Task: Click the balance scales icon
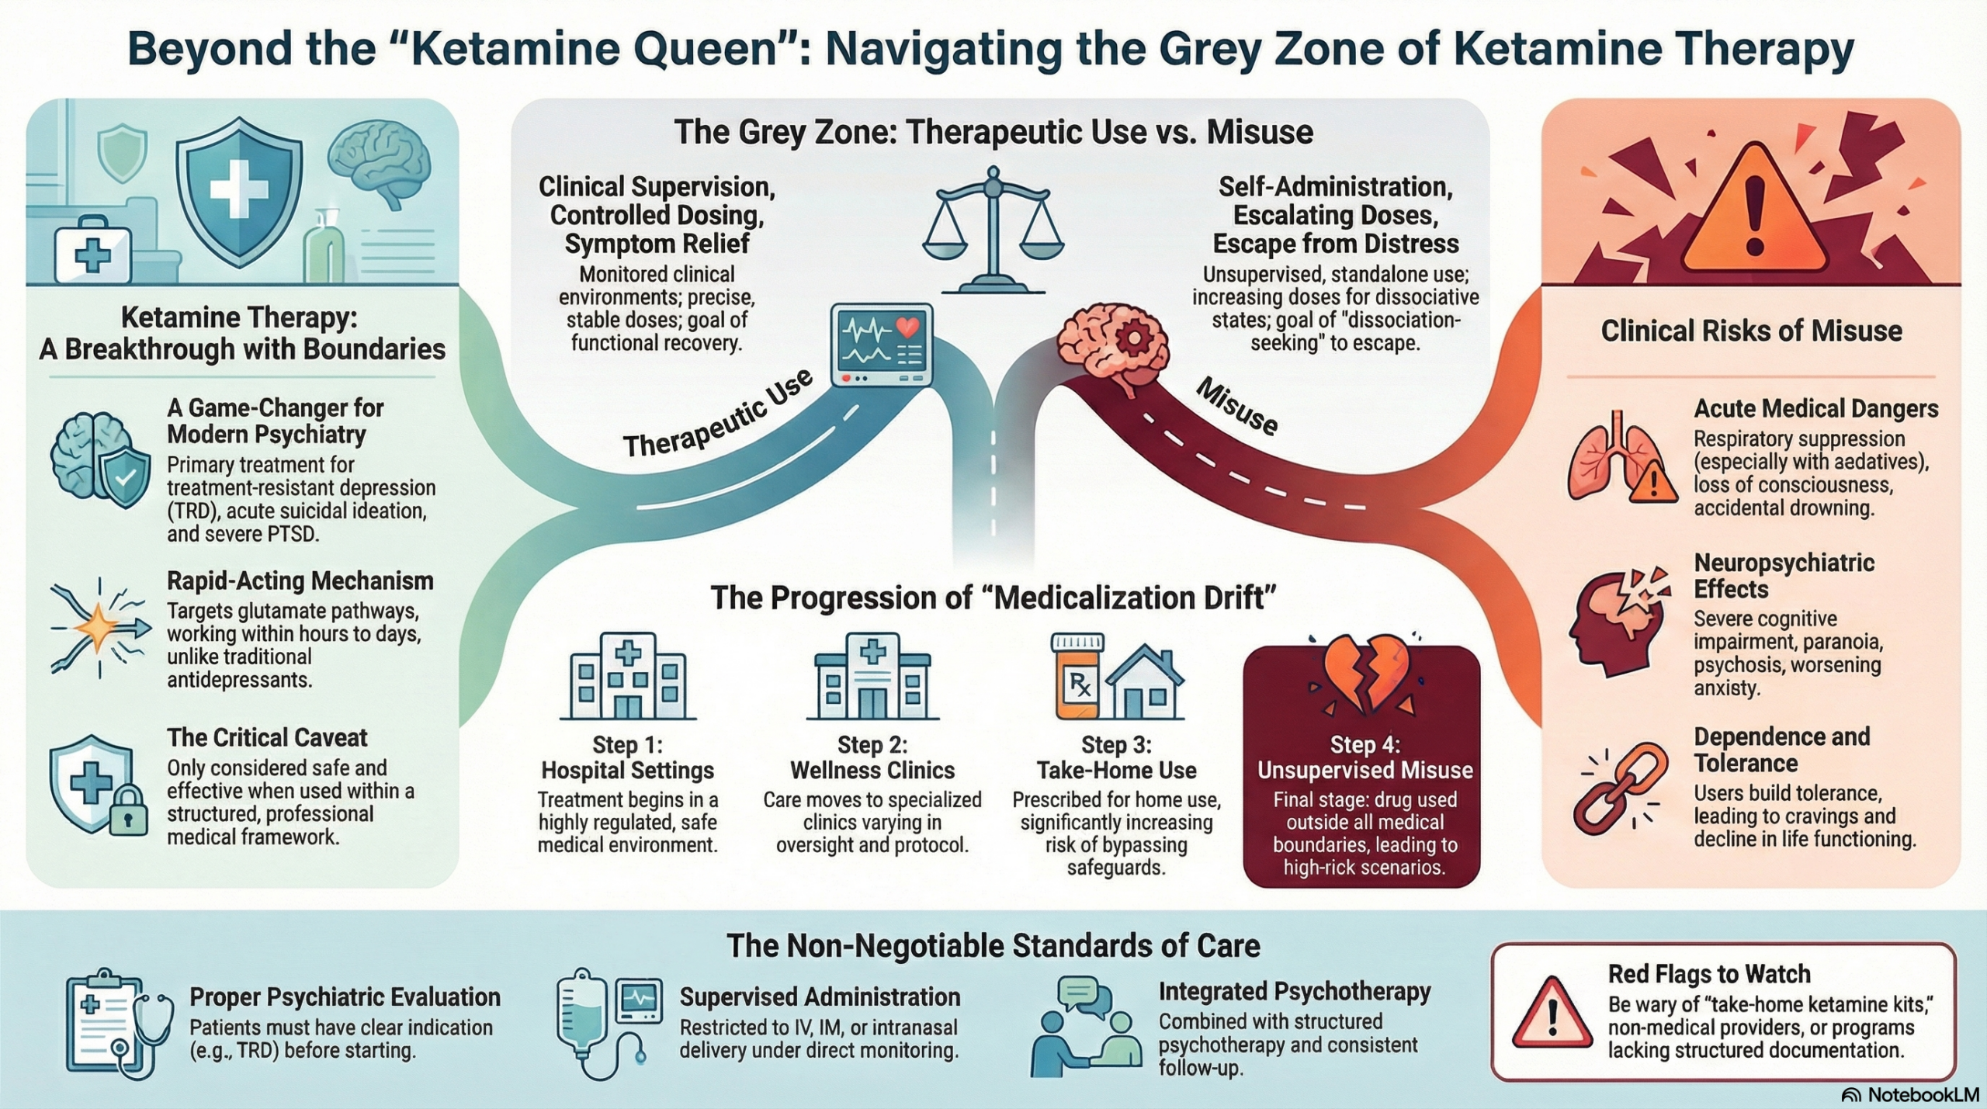(993, 233)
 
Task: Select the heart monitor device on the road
(881, 345)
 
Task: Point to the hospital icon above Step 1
(627, 675)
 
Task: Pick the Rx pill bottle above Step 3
(1077, 676)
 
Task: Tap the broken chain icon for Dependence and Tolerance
(1620, 787)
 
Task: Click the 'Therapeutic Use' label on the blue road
(718, 414)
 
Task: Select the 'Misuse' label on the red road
(1236, 406)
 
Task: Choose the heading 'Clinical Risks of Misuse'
(1751, 331)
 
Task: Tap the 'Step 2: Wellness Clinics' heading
(872, 757)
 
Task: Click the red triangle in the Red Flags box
(1552, 1013)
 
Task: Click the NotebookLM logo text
(1923, 1094)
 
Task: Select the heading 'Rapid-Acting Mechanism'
(300, 580)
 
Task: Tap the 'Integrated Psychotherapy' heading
(1294, 991)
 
